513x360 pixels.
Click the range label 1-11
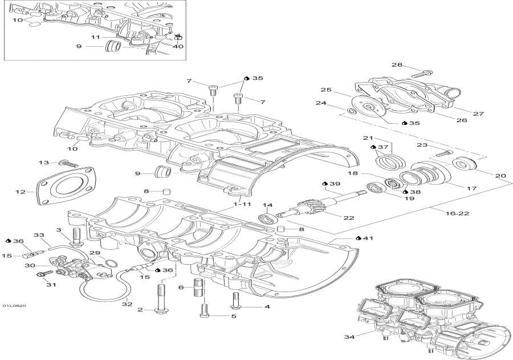coord(242,203)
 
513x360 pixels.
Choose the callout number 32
coord(127,304)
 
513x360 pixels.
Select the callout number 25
coord(325,90)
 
